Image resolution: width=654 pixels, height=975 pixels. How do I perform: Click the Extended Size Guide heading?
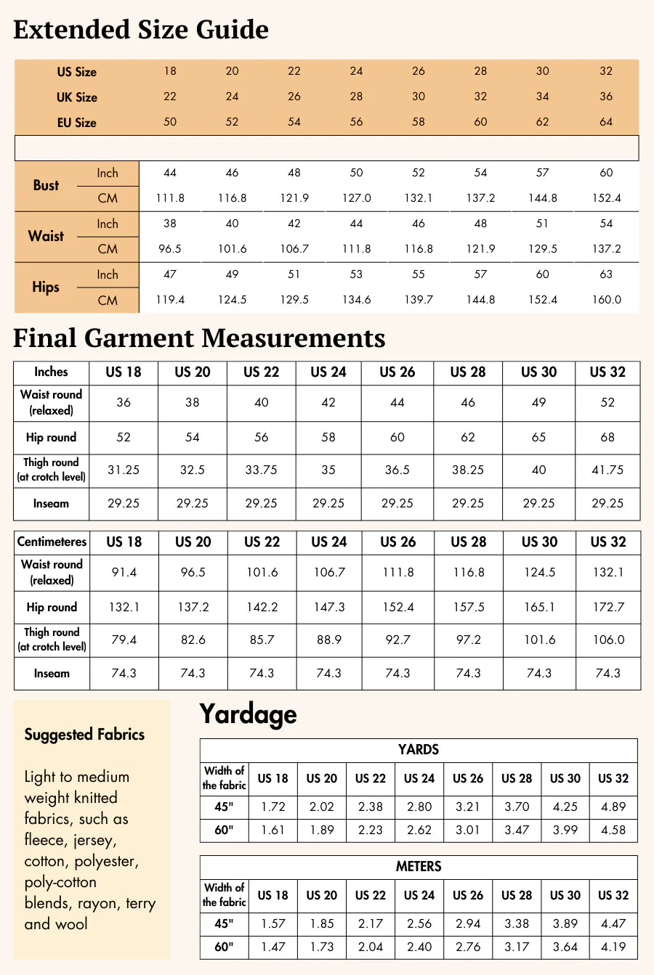[141, 30]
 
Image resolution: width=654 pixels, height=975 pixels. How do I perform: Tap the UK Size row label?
[77, 97]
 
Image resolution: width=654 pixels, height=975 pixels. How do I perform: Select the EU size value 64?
[606, 122]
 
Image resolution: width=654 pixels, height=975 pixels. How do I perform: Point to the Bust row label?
[46, 185]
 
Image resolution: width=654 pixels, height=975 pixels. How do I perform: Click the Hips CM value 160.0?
[606, 300]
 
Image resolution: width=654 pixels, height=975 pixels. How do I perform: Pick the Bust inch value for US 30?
[543, 173]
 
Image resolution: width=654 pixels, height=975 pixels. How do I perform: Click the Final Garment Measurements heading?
[199, 338]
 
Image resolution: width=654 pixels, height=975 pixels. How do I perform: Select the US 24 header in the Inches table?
[328, 372]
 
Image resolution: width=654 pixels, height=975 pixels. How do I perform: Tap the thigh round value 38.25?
[468, 470]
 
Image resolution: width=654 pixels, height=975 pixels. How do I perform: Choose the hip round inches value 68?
[607, 437]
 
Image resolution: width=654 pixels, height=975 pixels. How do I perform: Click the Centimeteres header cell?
[52, 542]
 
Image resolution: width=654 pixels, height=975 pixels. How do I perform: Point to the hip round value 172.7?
[608, 607]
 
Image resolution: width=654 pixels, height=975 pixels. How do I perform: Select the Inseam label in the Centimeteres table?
[52, 674]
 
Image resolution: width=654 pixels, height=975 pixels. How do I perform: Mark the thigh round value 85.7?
[262, 640]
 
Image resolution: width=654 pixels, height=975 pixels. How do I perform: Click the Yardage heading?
[248, 714]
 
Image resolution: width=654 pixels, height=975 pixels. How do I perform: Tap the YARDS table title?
[419, 750]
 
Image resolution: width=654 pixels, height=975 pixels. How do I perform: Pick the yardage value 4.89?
[613, 807]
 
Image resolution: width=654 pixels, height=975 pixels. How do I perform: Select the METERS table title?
[419, 867]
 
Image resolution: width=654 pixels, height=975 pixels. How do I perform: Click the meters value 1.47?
[272, 947]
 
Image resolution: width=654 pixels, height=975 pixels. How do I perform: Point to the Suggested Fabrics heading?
[84, 735]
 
